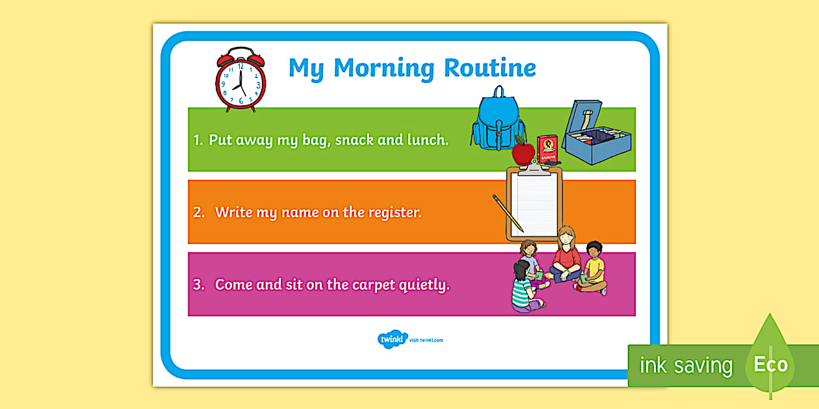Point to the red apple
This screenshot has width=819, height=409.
(x=523, y=153)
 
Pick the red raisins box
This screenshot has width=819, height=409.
(x=547, y=149)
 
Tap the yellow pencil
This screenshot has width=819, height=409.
(x=508, y=213)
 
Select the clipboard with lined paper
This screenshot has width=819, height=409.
(x=534, y=204)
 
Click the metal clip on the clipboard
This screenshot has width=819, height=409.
(x=534, y=167)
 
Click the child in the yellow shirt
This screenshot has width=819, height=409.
(x=593, y=268)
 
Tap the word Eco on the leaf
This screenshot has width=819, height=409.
(x=770, y=364)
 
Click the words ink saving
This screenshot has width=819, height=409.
(x=686, y=366)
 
